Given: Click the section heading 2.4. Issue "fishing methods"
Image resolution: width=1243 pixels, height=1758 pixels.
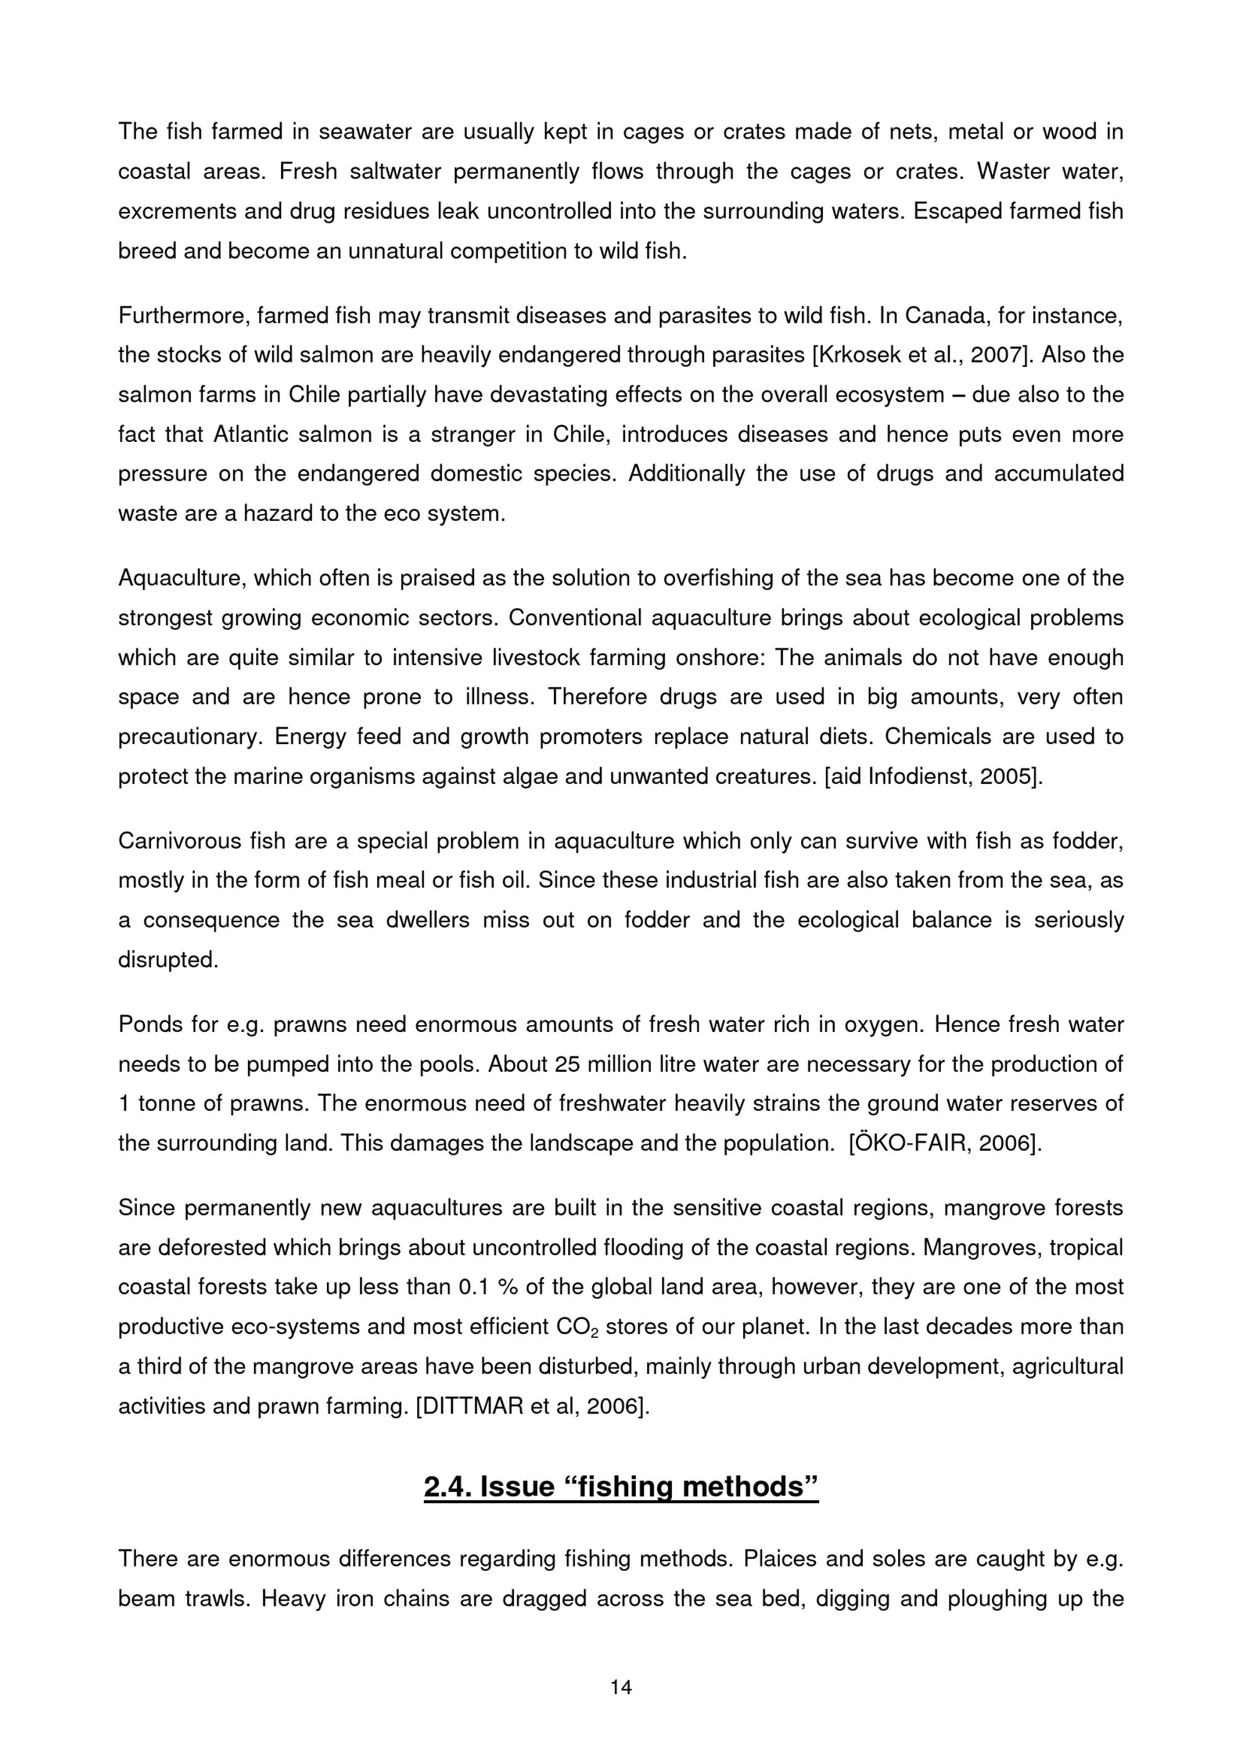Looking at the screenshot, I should click(621, 1487).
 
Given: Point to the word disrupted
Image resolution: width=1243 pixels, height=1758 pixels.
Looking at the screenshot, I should click(168, 959).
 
